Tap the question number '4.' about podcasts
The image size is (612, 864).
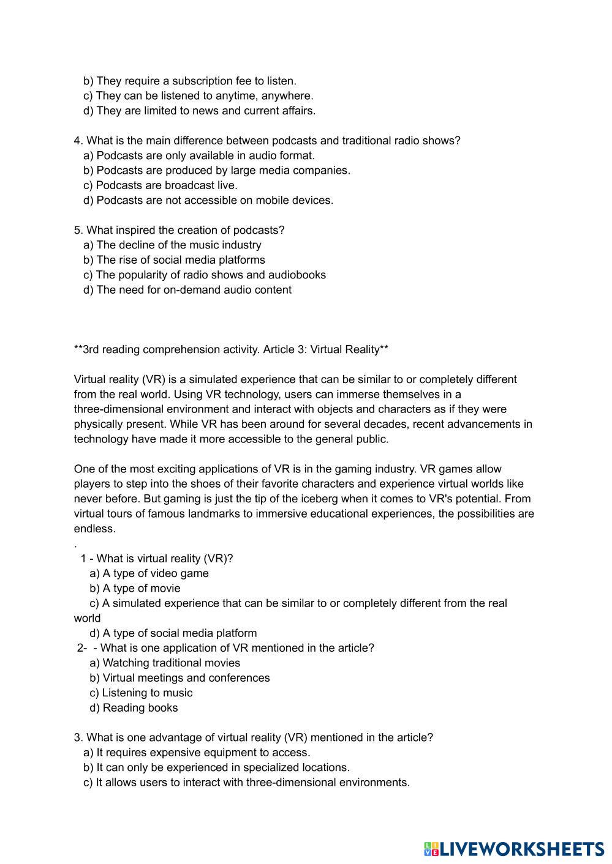78,141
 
